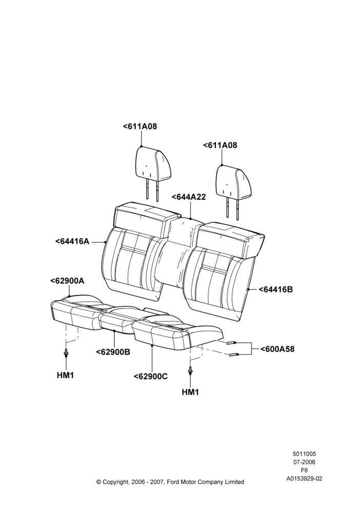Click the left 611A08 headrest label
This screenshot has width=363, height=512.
(x=139, y=126)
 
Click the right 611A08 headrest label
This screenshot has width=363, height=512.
(x=220, y=145)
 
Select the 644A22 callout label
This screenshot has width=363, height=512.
(x=189, y=197)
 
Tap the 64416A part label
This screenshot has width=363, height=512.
(x=72, y=241)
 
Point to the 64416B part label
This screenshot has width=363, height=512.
(x=276, y=289)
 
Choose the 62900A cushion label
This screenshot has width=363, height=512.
(x=67, y=281)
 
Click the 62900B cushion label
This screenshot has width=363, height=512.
(x=113, y=352)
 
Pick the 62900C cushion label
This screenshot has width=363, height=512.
(x=151, y=376)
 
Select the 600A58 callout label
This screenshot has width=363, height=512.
(x=277, y=349)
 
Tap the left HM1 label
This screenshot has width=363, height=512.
(x=66, y=375)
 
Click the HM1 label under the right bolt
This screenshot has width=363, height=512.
(x=190, y=392)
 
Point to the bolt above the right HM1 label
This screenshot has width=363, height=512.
(x=190, y=370)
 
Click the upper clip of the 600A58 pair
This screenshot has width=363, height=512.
(x=231, y=343)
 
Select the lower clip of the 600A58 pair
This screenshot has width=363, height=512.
(x=234, y=355)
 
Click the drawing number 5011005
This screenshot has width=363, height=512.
(x=304, y=454)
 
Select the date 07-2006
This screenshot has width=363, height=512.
(x=304, y=462)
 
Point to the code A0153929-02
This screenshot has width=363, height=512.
(x=304, y=479)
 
